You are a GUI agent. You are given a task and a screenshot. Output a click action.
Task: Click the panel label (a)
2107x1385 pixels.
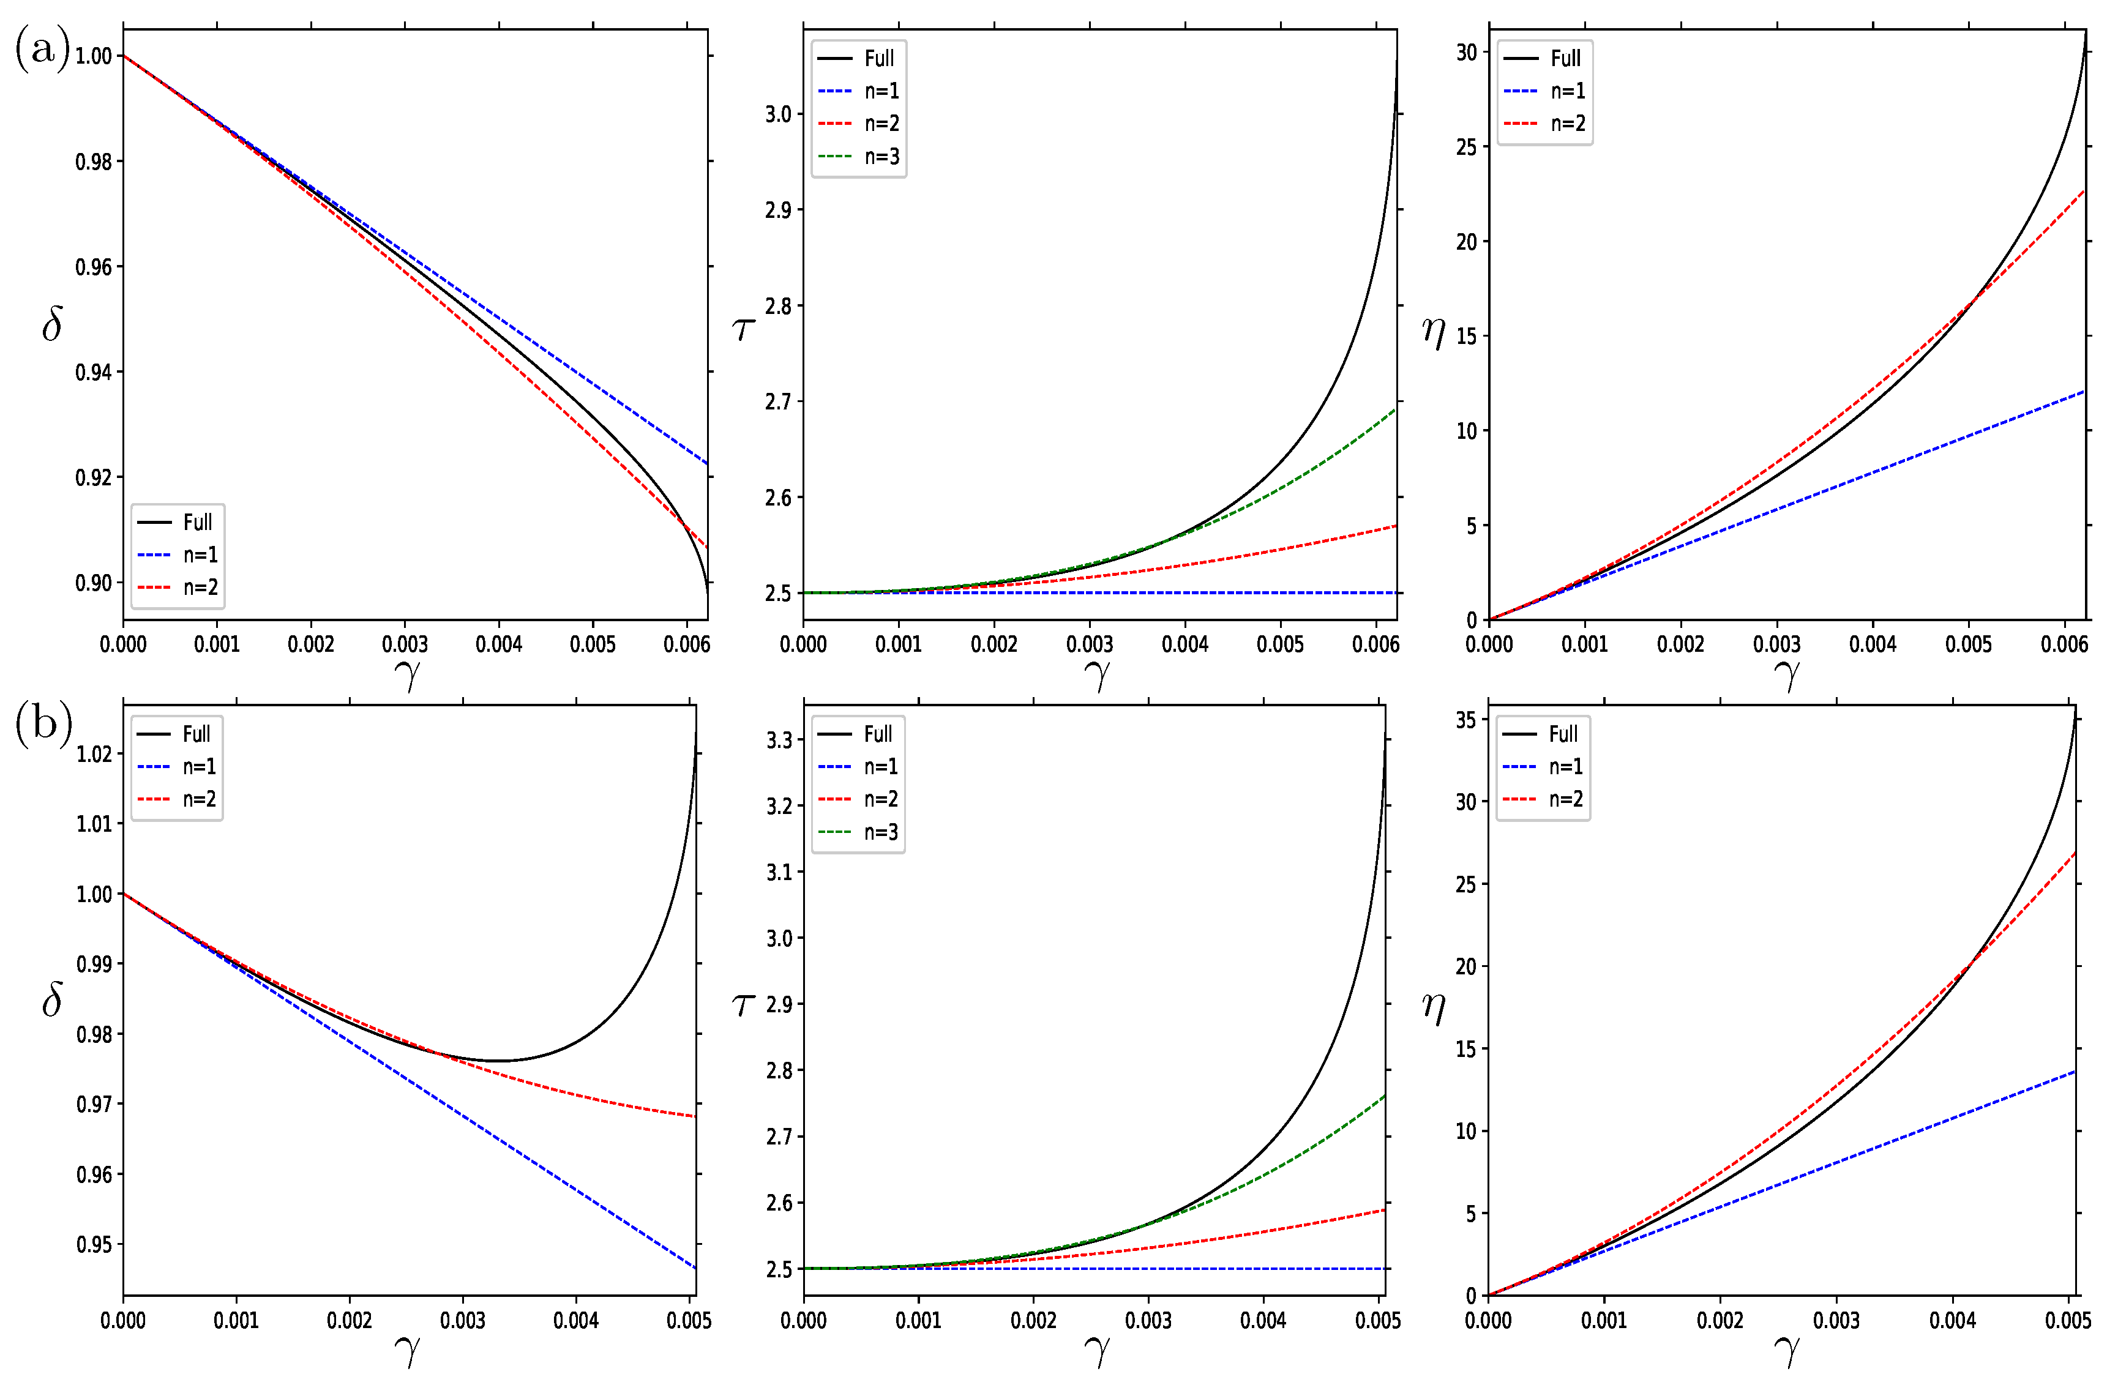tap(42, 49)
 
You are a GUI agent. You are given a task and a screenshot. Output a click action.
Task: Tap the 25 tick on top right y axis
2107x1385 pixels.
tap(1466, 147)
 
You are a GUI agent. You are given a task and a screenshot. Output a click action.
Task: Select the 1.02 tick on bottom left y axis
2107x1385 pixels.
tap(94, 754)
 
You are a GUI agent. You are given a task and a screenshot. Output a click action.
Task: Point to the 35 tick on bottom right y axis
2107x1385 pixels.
tap(1466, 720)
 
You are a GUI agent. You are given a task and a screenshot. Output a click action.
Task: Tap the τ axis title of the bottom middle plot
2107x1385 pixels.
tap(742, 1004)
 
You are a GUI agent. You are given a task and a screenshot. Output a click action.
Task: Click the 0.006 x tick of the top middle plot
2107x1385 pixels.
tap(1375, 644)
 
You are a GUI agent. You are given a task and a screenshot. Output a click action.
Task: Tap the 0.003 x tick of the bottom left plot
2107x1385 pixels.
tap(462, 1320)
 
